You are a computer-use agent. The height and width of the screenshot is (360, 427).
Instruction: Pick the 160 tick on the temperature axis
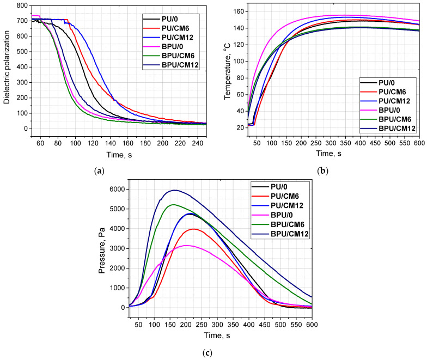[x=241, y=11]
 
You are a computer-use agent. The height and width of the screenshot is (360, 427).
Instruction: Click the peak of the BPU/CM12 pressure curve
[x=174, y=190]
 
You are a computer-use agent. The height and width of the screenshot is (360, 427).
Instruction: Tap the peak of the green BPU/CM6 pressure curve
[x=173, y=204]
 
